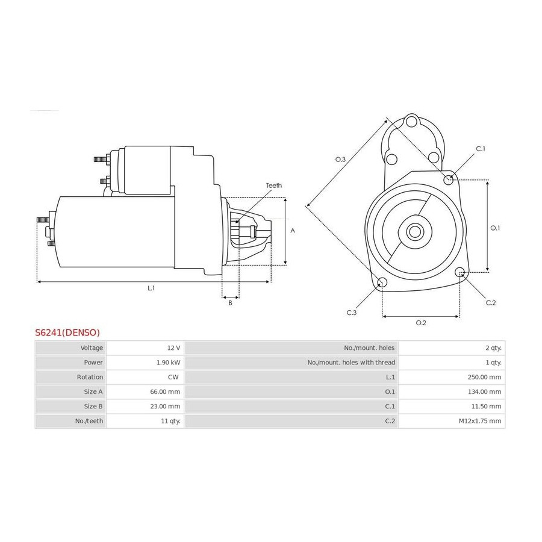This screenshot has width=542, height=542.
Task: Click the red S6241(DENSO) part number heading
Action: click(x=67, y=332)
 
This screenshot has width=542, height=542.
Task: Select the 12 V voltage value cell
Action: click(x=173, y=347)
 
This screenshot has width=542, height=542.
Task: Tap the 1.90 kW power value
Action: click(x=169, y=363)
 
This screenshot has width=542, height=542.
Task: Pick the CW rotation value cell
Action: click(x=173, y=377)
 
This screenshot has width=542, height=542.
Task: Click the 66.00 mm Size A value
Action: click(x=165, y=391)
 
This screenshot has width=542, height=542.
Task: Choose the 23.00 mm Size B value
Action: click(x=165, y=406)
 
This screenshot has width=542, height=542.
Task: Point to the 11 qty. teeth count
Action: click(x=171, y=421)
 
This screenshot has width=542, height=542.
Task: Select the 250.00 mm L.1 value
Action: click(x=484, y=377)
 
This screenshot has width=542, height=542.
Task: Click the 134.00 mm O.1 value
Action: click(x=485, y=391)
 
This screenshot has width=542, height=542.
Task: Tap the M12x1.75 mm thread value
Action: click(x=480, y=421)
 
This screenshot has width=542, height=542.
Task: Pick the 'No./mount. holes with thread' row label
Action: click(x=351, y=363)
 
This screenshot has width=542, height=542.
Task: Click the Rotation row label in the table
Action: click(x=90, y=377)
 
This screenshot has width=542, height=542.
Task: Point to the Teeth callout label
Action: click(x=274, y=185)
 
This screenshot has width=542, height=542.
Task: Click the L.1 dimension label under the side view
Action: click(x=151, y=288)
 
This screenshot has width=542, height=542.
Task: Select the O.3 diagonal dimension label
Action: click(x=340, y=160)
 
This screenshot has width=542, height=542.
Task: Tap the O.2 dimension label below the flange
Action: click(x=421, y=323)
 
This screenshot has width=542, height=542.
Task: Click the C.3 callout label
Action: click(x=352, y=313)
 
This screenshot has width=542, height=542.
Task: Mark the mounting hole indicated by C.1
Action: click(x=448, y=179)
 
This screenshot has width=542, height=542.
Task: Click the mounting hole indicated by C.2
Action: click(x=460, y=272)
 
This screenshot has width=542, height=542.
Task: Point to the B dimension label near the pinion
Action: click(x=230, y=303)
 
